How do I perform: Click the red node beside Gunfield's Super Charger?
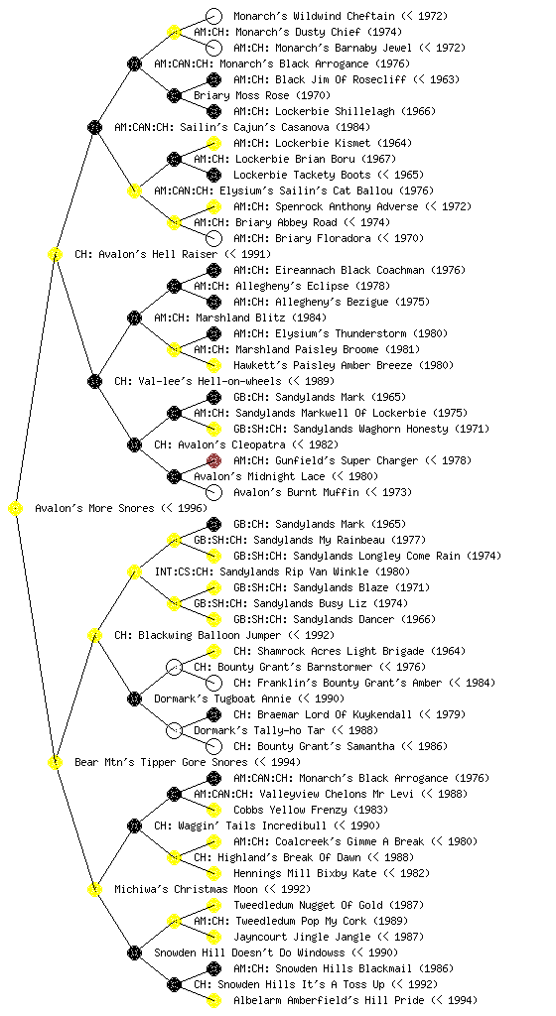tap(213, 460)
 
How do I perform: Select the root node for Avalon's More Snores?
tap(16, 508)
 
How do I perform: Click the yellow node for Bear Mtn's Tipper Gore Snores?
tap(55, 762)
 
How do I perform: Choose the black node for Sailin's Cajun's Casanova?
tap(94, 127)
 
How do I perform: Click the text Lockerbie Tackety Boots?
tap(302, 175)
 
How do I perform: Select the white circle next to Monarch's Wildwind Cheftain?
tap(213, 16)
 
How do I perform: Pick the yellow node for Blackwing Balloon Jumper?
tap(94, 635)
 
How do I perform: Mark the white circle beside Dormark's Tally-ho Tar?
tap(174, 730)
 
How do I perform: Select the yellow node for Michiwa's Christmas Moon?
tap(94, 889)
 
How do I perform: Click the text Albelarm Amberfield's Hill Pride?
tap(330, 1000)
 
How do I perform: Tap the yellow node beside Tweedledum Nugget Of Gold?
tap(213, 905)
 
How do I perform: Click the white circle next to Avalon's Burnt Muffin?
tap(213, 492)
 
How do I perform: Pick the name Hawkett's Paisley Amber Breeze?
tap(323, 365)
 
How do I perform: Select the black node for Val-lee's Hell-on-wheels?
tap(94, 381)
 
